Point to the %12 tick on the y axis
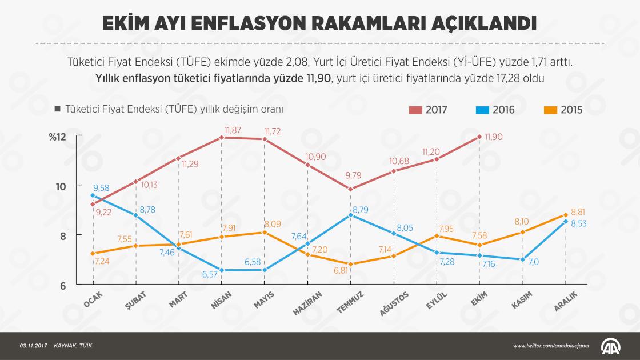tap(58, 137)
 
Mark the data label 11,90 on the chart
tap(494, 137)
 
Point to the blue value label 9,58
tap(101, 187)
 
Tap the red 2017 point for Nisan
tap(221, 138)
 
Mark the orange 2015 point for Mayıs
tap(264, 232)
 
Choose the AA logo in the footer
tap(611, 346)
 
